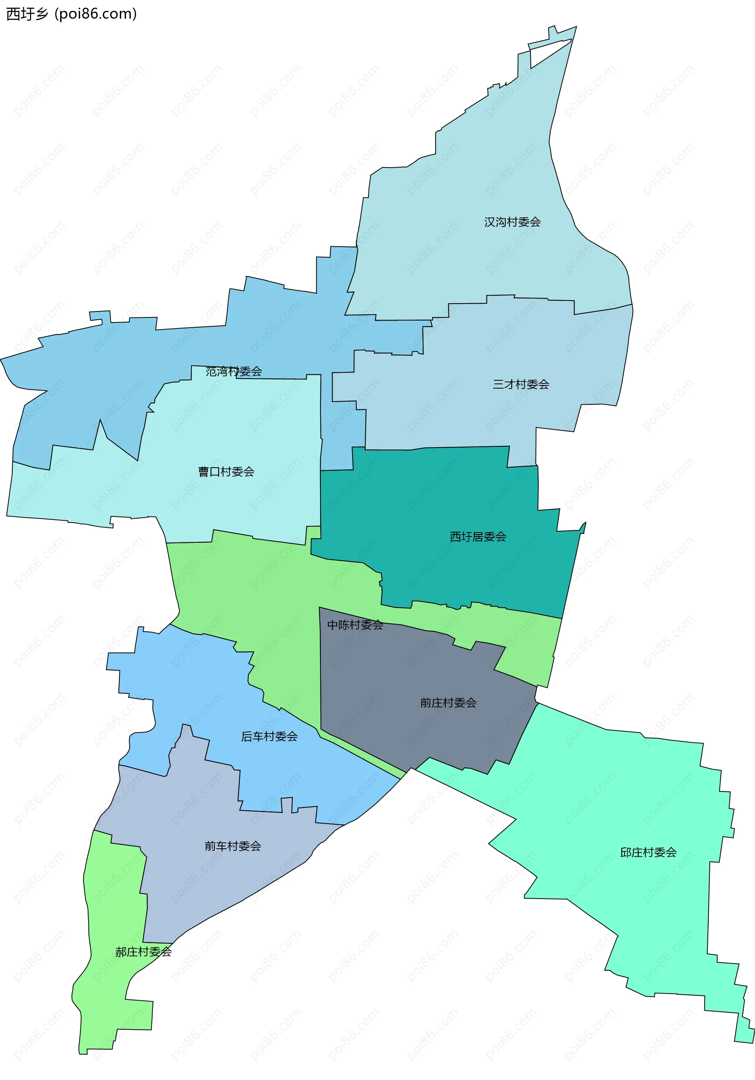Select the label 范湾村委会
pyautogui.click(x=233, y=371)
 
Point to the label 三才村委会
pyautogui.click(x=521, y=384)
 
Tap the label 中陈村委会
pyautogui.click(x=355, y=625)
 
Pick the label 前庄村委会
pyautogui.click(x=448, y=703)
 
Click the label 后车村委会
pyautogui.click(x=269, y=736)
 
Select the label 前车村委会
pyautogui.click(x=232, y=846)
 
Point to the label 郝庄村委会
pyautogui.click(x=143, y=951)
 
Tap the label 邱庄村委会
pyautogui.click(x=648, y=852)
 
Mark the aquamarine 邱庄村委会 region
pyautogui.click(x=635, y=800)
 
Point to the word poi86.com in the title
pyautogui.click(x=96, y=14)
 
